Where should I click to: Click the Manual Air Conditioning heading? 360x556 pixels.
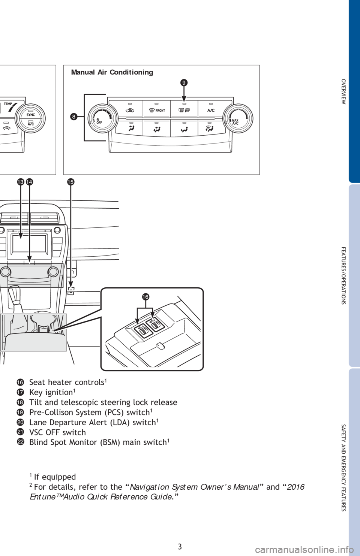coord(112,72)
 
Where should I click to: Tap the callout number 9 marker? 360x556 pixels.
coord(184,83)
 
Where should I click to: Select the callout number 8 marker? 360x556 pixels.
coord(73,117)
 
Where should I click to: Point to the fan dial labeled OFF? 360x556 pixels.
coord(102,118)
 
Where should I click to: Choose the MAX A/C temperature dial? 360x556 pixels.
coord(238,118)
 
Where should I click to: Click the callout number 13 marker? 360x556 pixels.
coord(21,182)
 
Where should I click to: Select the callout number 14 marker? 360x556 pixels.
coord(29,182)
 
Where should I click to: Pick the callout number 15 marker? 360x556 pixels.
coord(71,182)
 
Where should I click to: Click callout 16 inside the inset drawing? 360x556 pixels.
coord(145,297)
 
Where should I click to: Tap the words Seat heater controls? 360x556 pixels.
coord(67,382)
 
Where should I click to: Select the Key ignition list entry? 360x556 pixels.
coord(51,392)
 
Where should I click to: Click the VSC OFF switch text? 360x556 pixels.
coord(58,432)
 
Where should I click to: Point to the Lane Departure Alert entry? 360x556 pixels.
coord(94,423)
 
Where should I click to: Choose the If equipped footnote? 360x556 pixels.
coord(53,477)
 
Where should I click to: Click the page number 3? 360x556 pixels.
coord(180,547)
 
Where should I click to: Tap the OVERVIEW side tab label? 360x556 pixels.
coord(343,91)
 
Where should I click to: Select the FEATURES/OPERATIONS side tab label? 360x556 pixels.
coord(343,275)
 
